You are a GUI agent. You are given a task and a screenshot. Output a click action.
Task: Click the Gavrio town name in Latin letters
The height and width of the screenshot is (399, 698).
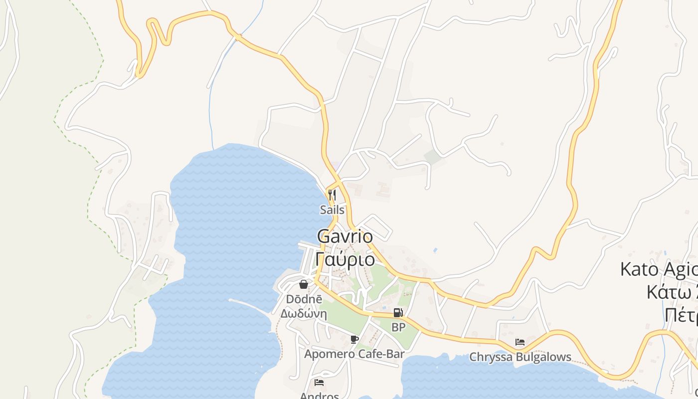point(345,236)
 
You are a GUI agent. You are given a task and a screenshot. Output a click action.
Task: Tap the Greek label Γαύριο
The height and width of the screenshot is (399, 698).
point(345,259)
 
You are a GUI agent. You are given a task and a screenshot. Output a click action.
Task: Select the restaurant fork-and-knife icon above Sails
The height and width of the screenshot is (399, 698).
point(332,195)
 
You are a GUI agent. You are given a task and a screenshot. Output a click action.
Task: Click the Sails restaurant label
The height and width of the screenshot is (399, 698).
point(332,210)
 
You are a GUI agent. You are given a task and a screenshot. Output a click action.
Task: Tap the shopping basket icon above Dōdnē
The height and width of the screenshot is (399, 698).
point(303,284)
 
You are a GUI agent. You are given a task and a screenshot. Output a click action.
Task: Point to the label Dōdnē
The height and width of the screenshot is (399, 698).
point(304,299)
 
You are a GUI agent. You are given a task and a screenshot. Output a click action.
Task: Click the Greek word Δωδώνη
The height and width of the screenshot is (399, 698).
point(303,314)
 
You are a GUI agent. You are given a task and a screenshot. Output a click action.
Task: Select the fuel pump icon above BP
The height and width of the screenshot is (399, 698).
point(398,313)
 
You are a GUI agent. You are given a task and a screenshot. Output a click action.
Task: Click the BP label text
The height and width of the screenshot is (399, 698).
point(398,328)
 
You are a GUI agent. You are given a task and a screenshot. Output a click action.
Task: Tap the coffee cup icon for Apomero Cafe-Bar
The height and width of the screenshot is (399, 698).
point(354,340)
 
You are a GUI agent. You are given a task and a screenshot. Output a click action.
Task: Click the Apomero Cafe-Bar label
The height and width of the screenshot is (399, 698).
point(354,354)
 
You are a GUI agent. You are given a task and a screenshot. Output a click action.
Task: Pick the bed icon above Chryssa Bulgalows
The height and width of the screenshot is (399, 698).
point(520,342)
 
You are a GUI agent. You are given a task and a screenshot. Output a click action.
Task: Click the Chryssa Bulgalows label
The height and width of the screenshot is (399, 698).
point(520,357)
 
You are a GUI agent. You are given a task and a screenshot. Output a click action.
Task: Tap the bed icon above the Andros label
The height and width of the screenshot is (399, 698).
point(319,383)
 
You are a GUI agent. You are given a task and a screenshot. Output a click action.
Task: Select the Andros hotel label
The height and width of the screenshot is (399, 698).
point(319,396)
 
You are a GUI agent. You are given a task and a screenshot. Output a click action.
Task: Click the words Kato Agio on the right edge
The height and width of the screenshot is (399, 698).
point(658,270)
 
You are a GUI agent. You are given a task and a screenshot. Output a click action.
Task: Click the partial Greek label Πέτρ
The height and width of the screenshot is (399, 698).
point(681,315)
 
